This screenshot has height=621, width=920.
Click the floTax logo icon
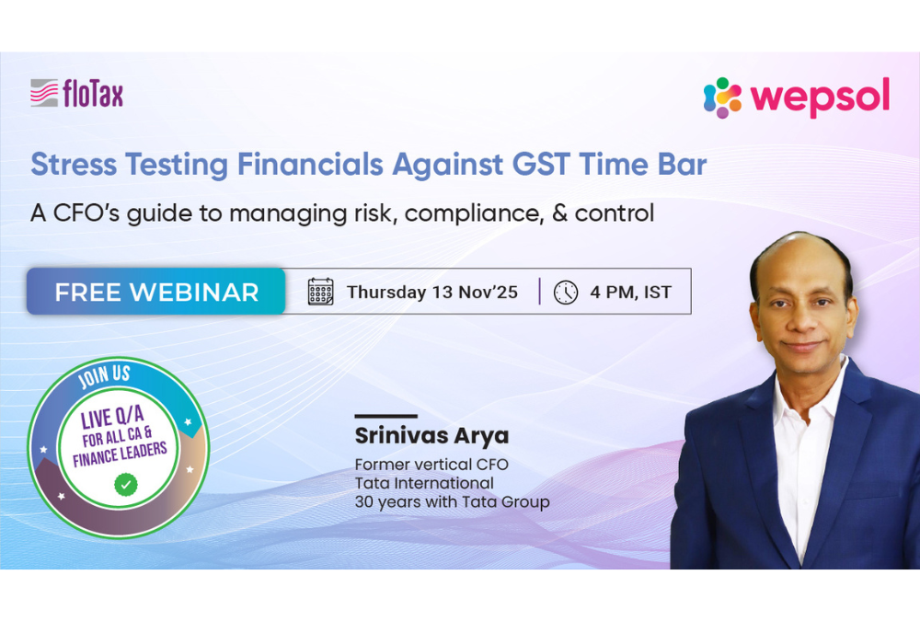43,93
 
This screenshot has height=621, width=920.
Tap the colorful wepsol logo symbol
722,98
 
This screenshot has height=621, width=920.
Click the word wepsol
819,98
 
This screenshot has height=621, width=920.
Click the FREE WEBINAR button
156,293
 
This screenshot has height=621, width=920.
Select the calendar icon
320,293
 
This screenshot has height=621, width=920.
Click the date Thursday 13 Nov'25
431,293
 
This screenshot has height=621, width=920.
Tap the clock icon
566,293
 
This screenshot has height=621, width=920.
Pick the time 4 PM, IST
630,293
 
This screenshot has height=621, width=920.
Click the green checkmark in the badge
124,482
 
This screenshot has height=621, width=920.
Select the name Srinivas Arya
431,436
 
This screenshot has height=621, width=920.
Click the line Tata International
424,483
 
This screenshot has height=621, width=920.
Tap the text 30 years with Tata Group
452,502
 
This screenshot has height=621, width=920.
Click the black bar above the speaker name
385,417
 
